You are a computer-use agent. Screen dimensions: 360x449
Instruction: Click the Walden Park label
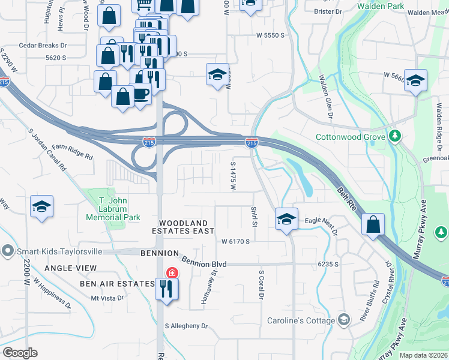tap(381, 5)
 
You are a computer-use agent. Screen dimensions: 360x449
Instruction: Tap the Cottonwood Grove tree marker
tap(394, 136)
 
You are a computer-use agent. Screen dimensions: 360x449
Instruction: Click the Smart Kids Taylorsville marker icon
tap(7, 250)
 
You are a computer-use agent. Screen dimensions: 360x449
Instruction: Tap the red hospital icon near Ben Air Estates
tap(173, 273)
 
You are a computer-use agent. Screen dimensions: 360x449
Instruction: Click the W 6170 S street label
tap(235, 242)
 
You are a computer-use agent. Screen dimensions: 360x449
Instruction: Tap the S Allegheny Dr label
tap(186, 326)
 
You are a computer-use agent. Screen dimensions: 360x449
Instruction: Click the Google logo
tap(20, 353)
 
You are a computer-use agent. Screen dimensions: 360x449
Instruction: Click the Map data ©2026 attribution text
tap(423, 355)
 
